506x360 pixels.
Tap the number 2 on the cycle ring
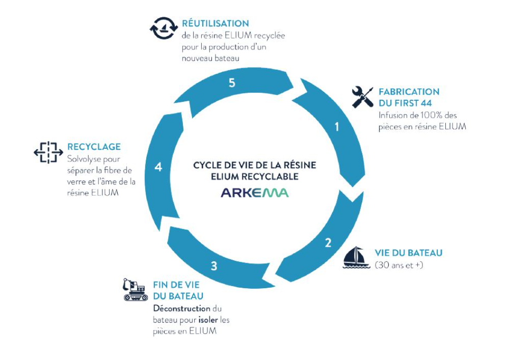coord(329,242)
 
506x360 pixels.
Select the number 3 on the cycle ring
coord(214,265)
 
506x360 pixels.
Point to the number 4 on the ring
coord(158,167)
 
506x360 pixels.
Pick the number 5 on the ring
coord(232,84)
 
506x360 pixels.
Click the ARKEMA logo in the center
coord(255,192)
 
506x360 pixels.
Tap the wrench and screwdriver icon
coord(362,97)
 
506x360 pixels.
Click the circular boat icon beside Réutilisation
coord(163,29)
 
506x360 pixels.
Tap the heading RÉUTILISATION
coord(215,23)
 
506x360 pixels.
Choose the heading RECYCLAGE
coord(94,147)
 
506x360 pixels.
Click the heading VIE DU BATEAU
coord(409,253)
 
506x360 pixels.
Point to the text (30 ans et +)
coord(399,265)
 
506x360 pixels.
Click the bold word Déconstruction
coord(182,309)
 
